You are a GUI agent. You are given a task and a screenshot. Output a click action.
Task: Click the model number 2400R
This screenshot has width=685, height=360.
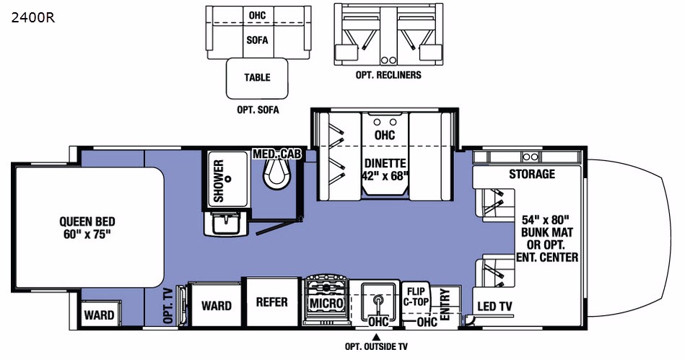pos(33,18)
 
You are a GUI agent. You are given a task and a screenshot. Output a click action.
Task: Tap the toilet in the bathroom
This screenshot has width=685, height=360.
pos(277,173)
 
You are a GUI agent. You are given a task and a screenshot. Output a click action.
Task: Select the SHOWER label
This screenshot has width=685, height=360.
pos(219,181)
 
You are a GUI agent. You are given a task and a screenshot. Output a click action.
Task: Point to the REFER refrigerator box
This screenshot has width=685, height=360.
pos(271,302)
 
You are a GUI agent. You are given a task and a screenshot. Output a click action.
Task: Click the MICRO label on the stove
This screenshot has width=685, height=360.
pos(326,303)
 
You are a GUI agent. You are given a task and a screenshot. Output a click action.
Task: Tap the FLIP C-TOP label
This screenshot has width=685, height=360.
pos(416,297)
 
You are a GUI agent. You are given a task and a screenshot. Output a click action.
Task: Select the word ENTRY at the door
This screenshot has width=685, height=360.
pos(445,304)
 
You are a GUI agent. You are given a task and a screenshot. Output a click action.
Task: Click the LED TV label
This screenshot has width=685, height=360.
pos(494,307)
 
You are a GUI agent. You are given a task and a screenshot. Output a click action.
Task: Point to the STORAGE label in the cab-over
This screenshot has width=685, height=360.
pos(532,174)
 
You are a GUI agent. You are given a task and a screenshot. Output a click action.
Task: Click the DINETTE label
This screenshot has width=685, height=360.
pos(385,163)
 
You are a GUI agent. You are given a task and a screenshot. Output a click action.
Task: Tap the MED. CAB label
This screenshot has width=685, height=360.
pos(277,154)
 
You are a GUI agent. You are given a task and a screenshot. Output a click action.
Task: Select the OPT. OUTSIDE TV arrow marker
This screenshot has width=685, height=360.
pos(375,337)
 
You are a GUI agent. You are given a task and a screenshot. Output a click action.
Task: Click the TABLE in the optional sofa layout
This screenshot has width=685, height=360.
pos(257,78)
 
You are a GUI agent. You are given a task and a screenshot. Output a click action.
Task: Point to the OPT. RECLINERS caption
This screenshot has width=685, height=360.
pos(388,75)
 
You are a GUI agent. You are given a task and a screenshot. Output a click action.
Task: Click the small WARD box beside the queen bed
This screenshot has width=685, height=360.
pos(100,314)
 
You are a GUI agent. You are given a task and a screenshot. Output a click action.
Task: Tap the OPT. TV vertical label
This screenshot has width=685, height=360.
pos(169,305)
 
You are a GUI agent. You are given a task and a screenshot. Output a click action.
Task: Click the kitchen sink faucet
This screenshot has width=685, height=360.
pos(378,302)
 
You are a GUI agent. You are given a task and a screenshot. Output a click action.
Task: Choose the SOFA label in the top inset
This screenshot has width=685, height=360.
pos(257,40)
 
